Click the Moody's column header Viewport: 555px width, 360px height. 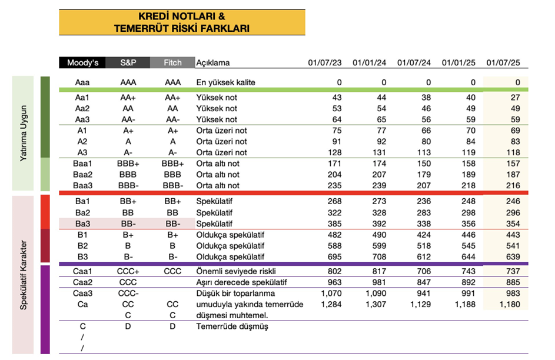click(82, 63)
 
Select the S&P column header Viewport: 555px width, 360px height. click(128, 63)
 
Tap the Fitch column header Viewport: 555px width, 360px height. click(172, 63)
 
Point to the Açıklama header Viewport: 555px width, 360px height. click(212, 63)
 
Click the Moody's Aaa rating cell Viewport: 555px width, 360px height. click(82, 82)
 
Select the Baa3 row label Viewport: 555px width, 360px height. click(82, 185)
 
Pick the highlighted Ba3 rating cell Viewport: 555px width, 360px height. click(82, 224)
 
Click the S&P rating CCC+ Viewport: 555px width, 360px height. click(128, 271)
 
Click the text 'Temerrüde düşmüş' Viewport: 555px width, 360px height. click(232, 326)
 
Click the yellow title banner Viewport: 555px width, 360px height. click(182, 22)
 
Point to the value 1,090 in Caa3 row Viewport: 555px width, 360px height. click(375, 293)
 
